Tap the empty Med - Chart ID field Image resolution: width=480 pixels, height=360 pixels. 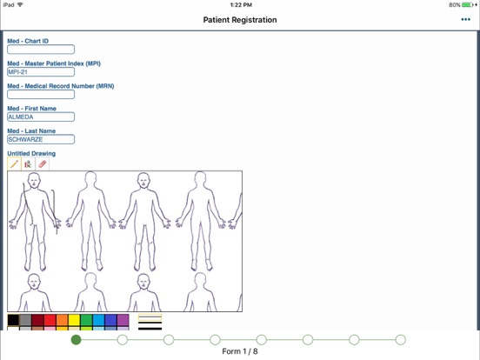pyautogui.click(x=41, y=50)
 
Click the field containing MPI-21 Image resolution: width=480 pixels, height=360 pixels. pyautogui.click(x=41, y=72)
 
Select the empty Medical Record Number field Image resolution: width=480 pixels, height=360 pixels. pyautogui.click(x=41, y=94)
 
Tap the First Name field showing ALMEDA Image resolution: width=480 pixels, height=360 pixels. pyautogui.click(x=41, y=117)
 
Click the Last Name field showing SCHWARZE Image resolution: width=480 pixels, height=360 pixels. pyautogui.click(x=41, y=139)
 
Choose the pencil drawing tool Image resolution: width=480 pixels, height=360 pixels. pyautogui.click(x=14, y=164)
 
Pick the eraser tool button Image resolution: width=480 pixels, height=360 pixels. pyautogui.click(x=43, y=164)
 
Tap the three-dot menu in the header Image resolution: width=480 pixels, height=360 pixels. pyautogui.click(x=465, y=20)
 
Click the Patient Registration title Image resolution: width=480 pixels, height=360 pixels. pyautogui.click(x=240, y=20)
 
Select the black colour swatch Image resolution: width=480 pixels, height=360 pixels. pyautogui.click(x=13, y=320)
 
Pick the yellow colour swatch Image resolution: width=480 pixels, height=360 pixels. pyautogui.click(x=74, y=320)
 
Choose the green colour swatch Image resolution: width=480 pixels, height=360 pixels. pyautogui.click(x=86, y=320)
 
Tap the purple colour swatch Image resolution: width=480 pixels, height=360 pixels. pyautogui.click(x=123, y=320)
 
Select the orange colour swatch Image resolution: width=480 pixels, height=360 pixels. pyautogui.click(x=62, y=320)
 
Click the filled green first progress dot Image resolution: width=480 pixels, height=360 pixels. pyautogui.click(x=76, y=339)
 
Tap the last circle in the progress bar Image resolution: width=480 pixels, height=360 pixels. pyautogui.click(x=400, y=339)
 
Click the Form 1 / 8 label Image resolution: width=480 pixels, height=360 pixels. pyautogui.click(x=240, y=351)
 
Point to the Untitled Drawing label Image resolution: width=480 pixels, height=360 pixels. pyautogui.click(x=31, y=153)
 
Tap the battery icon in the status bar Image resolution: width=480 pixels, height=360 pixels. pyautogui.click(x=468, y=5)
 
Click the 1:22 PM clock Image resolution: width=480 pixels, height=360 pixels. pyautogui.click(x=241, y=5)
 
